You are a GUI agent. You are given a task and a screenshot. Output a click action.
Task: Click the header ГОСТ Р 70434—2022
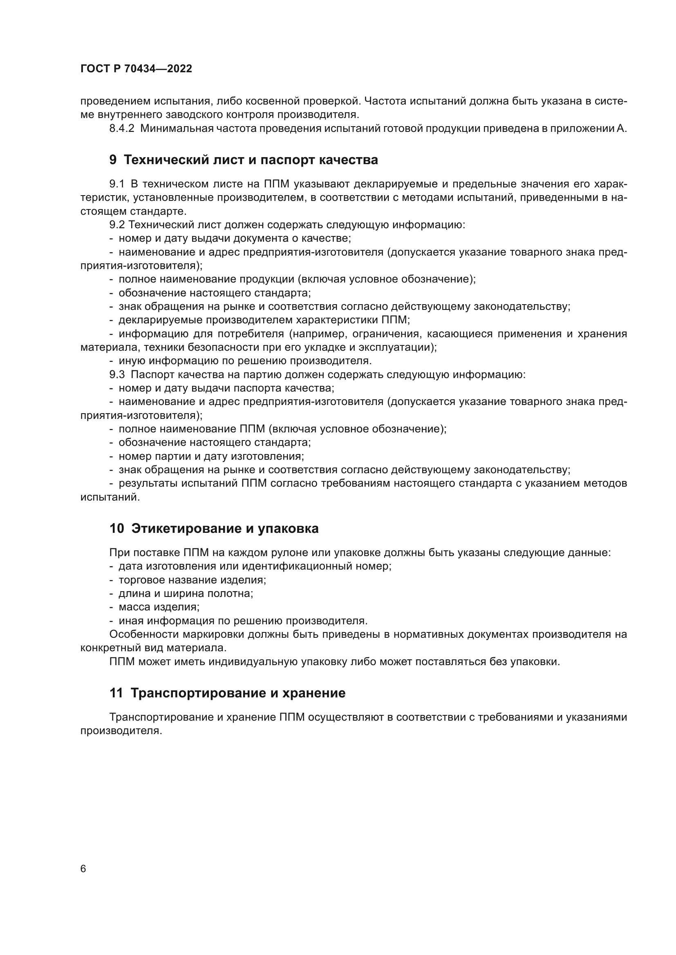click(136, 69)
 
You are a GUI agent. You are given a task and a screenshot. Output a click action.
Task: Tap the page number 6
click(83, 869)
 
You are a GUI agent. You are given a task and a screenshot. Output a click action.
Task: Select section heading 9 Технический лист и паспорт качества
click(244, 160)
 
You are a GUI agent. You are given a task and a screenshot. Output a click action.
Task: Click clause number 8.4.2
click(121, 129)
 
